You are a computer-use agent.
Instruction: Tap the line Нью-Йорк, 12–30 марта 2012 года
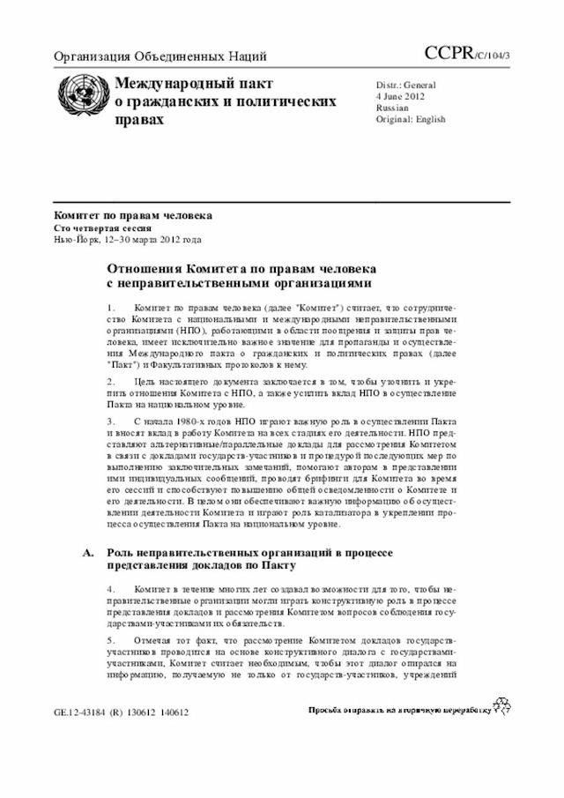(x=128, y=239)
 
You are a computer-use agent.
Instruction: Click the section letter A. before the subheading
(x=87, y=552)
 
